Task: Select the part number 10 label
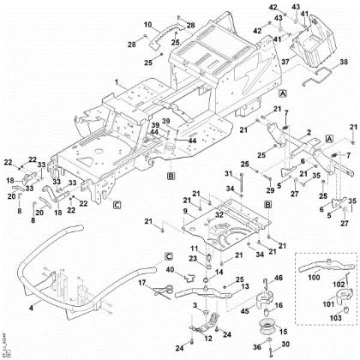tap(147, 24)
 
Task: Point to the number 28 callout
tap(131, 45)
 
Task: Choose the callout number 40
tap(168, 271)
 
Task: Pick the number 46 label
tap(276, 279)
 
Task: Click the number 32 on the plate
tap(219, 215)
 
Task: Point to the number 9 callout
tap(186, 210)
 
